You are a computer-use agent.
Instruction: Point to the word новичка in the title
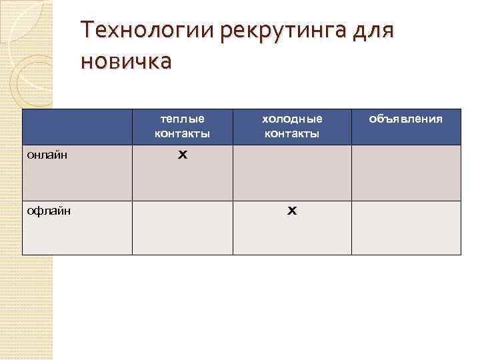point(125,61)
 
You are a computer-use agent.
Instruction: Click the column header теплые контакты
point(182,126)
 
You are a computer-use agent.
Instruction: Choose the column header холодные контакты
point(292,126)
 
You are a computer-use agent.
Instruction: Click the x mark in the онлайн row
point(182,154)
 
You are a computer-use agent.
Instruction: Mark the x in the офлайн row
point(292,211)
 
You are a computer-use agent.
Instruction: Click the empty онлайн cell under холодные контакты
point(292,173)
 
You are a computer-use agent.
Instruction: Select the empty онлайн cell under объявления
point(406,173)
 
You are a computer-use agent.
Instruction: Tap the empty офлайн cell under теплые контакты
point(182,227)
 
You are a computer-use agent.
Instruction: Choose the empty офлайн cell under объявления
point(406,227)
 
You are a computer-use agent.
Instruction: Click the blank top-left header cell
point(77,127)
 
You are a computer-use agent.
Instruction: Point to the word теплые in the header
point(182,119)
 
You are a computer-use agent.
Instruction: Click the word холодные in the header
point(292,119)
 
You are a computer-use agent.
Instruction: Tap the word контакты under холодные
point(292,133)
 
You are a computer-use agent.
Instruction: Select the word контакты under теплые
point(182,133)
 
